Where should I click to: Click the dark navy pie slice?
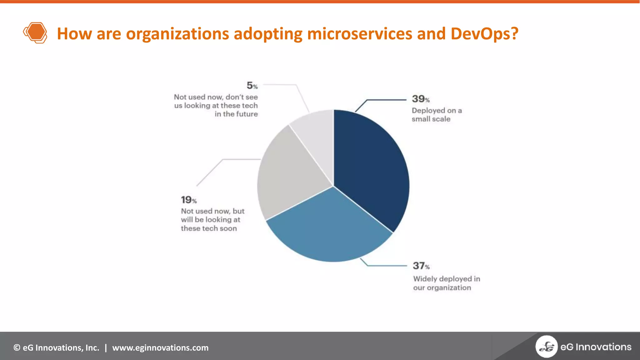click(x=372, y=169)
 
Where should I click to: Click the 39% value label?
click(x=421, y=99)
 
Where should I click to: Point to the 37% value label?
click(x=421, y=266)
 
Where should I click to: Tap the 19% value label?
click(x=188, y=200)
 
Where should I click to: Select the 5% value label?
click(x=252, y=86)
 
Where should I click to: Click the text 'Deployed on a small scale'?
click(x=436, y=115)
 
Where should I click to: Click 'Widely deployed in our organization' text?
click(x=446, y=283)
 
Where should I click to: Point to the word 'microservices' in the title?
click(x=359, y=33)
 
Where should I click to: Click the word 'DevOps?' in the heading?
click(x=484, y=33)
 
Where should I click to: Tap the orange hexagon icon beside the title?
click(x=35, y=32)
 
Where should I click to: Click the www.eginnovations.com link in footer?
click(x=160, y=347)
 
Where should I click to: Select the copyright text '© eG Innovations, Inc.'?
click(x=56, y=347)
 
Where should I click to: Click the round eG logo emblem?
click(x=546, y=346)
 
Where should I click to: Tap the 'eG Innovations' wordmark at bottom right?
click(x=596, y=347)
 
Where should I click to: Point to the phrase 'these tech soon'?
click(x=209, y=228)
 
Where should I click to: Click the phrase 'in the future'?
click(x=236, y=114)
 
